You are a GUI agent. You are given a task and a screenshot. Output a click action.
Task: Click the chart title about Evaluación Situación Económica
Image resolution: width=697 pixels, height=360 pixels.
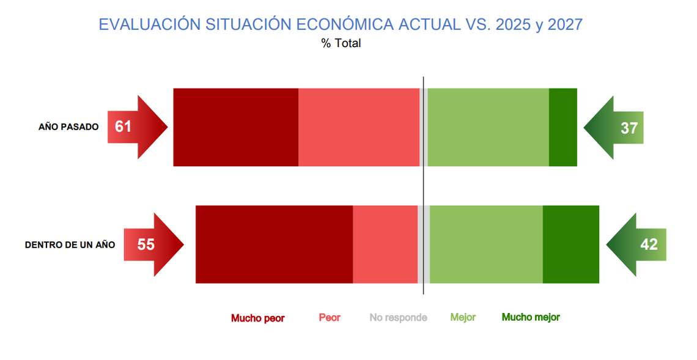341,24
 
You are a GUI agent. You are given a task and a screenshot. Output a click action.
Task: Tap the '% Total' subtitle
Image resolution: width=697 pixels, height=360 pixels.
341,43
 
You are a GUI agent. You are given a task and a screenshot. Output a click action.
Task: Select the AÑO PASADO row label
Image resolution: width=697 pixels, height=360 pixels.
68,127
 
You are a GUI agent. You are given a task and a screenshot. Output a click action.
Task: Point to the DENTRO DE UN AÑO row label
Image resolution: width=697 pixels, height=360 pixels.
70,245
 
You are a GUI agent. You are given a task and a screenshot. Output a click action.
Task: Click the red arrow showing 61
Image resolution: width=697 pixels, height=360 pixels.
138,127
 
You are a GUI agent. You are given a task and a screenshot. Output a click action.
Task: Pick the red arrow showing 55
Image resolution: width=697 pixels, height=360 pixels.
154,244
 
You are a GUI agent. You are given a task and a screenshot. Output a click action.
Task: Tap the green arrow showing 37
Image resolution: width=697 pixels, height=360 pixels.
613,128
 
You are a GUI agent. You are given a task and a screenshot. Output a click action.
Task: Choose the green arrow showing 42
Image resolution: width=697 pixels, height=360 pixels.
636,244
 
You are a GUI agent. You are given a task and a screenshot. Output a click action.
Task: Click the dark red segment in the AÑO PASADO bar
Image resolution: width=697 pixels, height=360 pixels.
235,127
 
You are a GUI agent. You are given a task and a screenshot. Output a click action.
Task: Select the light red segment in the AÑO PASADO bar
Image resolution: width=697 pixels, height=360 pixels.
359,127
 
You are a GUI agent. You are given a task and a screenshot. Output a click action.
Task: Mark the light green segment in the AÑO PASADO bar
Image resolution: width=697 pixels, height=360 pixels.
489,127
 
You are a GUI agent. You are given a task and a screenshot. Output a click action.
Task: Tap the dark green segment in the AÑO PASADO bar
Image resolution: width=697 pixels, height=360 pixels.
562,127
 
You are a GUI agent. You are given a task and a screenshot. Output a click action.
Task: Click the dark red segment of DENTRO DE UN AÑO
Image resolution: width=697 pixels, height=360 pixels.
275,244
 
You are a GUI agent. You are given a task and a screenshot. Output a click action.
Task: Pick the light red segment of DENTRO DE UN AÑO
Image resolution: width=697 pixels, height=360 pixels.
385,244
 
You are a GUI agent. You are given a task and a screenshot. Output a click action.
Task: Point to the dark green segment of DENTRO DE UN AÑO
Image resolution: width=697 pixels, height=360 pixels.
571,244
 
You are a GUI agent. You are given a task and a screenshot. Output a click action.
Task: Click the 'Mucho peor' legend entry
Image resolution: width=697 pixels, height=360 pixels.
258,318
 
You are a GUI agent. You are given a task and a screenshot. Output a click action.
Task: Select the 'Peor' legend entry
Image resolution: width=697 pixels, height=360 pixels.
330,318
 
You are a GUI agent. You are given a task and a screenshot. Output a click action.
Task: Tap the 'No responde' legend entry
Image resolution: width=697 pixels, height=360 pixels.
398,318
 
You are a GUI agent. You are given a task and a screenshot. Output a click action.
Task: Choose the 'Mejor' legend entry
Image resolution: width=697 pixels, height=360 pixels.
463,317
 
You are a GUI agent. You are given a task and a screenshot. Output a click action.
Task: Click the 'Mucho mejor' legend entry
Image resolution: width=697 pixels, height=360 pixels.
531,317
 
